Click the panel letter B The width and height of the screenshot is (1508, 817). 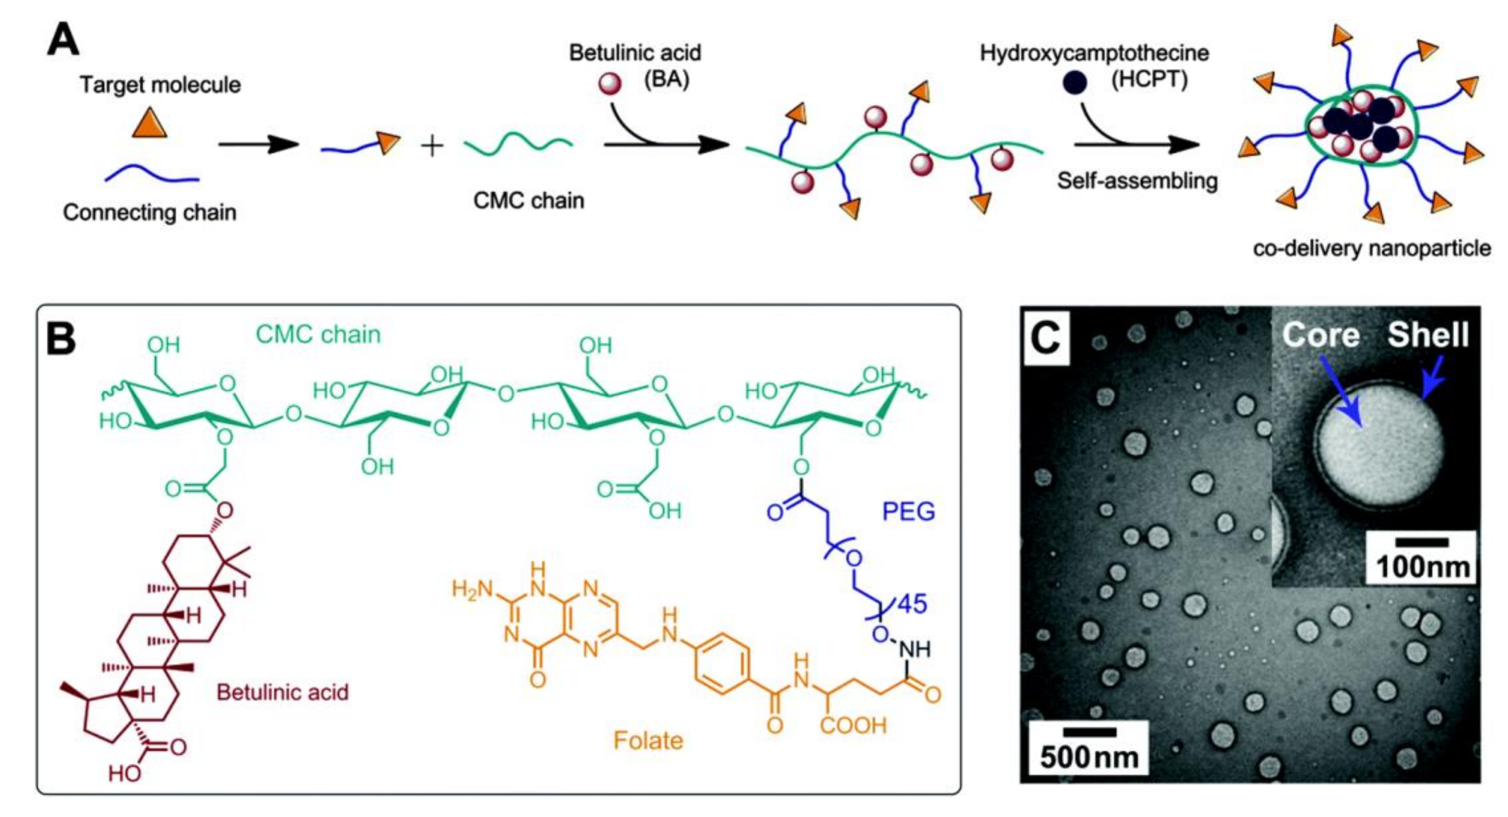pyautogui.click(x=61, y=340)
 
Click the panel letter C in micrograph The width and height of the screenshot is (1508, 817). pyautogui.click(x=1046, y=338)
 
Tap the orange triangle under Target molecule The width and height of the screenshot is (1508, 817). pyautogui.click(x=150, y=123)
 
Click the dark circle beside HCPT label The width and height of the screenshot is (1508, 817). pyautogui.click(x=1075, y=83)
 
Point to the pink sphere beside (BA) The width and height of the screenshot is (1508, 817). pyautogui.click(x=609, y=84)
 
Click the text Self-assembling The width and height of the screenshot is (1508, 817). pyautogui.click(x=1137, y=180)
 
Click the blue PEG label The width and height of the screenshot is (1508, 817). pyautogui.click(x=909, y=512)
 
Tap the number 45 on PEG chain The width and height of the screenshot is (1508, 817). pyautogui.click(x=912, y=604)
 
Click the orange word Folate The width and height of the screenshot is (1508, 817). pyautogui.click(x=648, y=741)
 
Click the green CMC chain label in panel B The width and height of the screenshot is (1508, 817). pyautogui.click(x=318, y=335)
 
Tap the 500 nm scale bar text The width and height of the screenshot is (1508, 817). pyautogui.click(x=1089, y=757)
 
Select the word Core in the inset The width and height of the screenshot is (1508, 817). pyautogui.click(x=1320, y=335)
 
